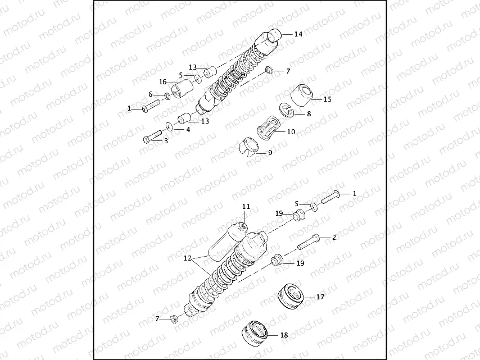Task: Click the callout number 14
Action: tap(298, 34)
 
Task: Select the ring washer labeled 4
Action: tap(170, 126)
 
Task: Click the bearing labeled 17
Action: tap(292, 296)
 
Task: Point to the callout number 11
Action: tap(246, 207)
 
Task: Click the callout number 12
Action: tap(187, 259)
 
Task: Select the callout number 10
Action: tap(291, 133)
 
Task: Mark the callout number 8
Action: tap(309, 114)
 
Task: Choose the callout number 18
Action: tap(284, 335)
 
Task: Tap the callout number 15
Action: tap(328, 99)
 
